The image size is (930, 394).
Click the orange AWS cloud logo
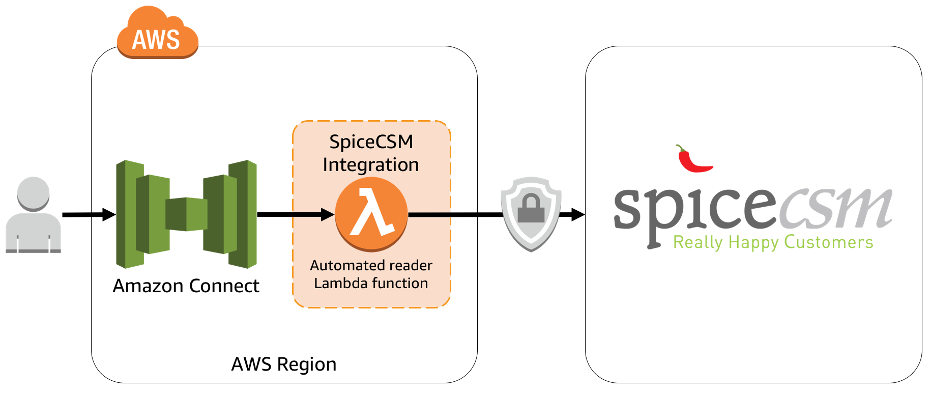(157, 35)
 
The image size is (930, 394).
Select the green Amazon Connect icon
(186, 214)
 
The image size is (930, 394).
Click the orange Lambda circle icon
(371, 214)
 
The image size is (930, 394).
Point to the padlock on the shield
(531, 209)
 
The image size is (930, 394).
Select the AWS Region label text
(284, 364)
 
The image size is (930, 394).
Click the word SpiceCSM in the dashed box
(371, 142)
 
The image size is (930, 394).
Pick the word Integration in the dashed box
(371, 165)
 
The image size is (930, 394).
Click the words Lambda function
(371, 284)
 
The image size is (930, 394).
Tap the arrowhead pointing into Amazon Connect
(109, 215)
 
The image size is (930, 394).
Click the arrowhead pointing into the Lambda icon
(327, 215)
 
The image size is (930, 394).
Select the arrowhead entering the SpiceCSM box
(577, 215)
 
